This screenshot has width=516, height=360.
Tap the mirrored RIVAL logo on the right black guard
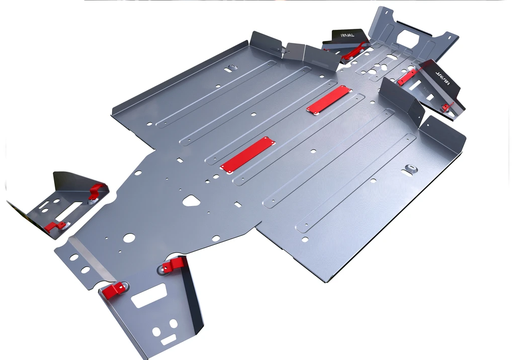[x=444, y=77]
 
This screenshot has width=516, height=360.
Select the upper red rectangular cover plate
[x=329, y=99]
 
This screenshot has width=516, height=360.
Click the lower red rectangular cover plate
[x=248, y=155]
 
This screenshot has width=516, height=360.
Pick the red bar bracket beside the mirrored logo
[x=407, y=77]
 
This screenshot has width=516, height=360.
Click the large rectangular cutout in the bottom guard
[x=149, y=295]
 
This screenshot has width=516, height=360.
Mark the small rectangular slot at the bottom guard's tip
[x=169, y=340]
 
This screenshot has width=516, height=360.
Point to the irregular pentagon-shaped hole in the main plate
[x=191, y=200]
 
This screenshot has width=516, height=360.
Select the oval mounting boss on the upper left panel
[x=232, y=67]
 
